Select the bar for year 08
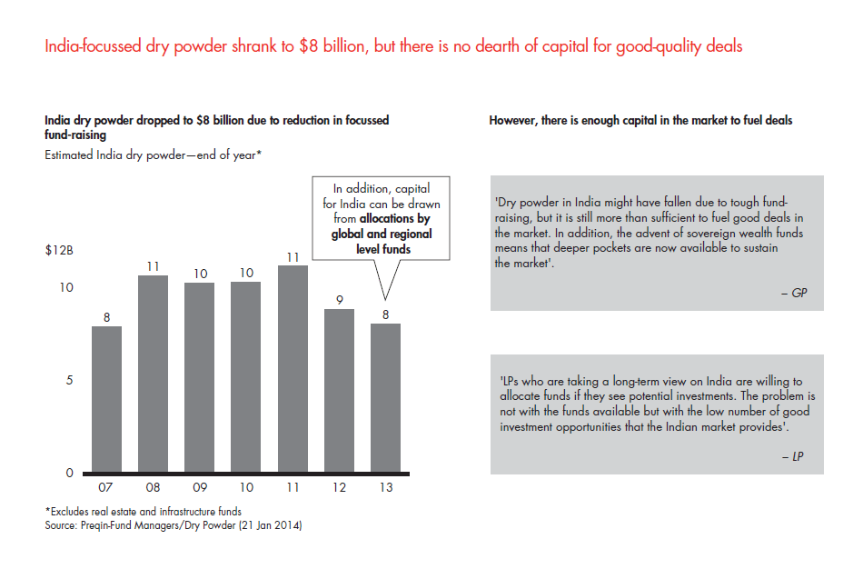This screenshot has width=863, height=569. click(153, 373)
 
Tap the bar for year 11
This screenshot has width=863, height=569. click(292, 368)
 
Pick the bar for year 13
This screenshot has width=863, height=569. click(385, 397)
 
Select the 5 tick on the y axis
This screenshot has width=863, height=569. click(69, 380)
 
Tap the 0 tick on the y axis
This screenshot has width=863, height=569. click(69, 473)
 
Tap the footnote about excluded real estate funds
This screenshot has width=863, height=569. click(144, 513)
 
